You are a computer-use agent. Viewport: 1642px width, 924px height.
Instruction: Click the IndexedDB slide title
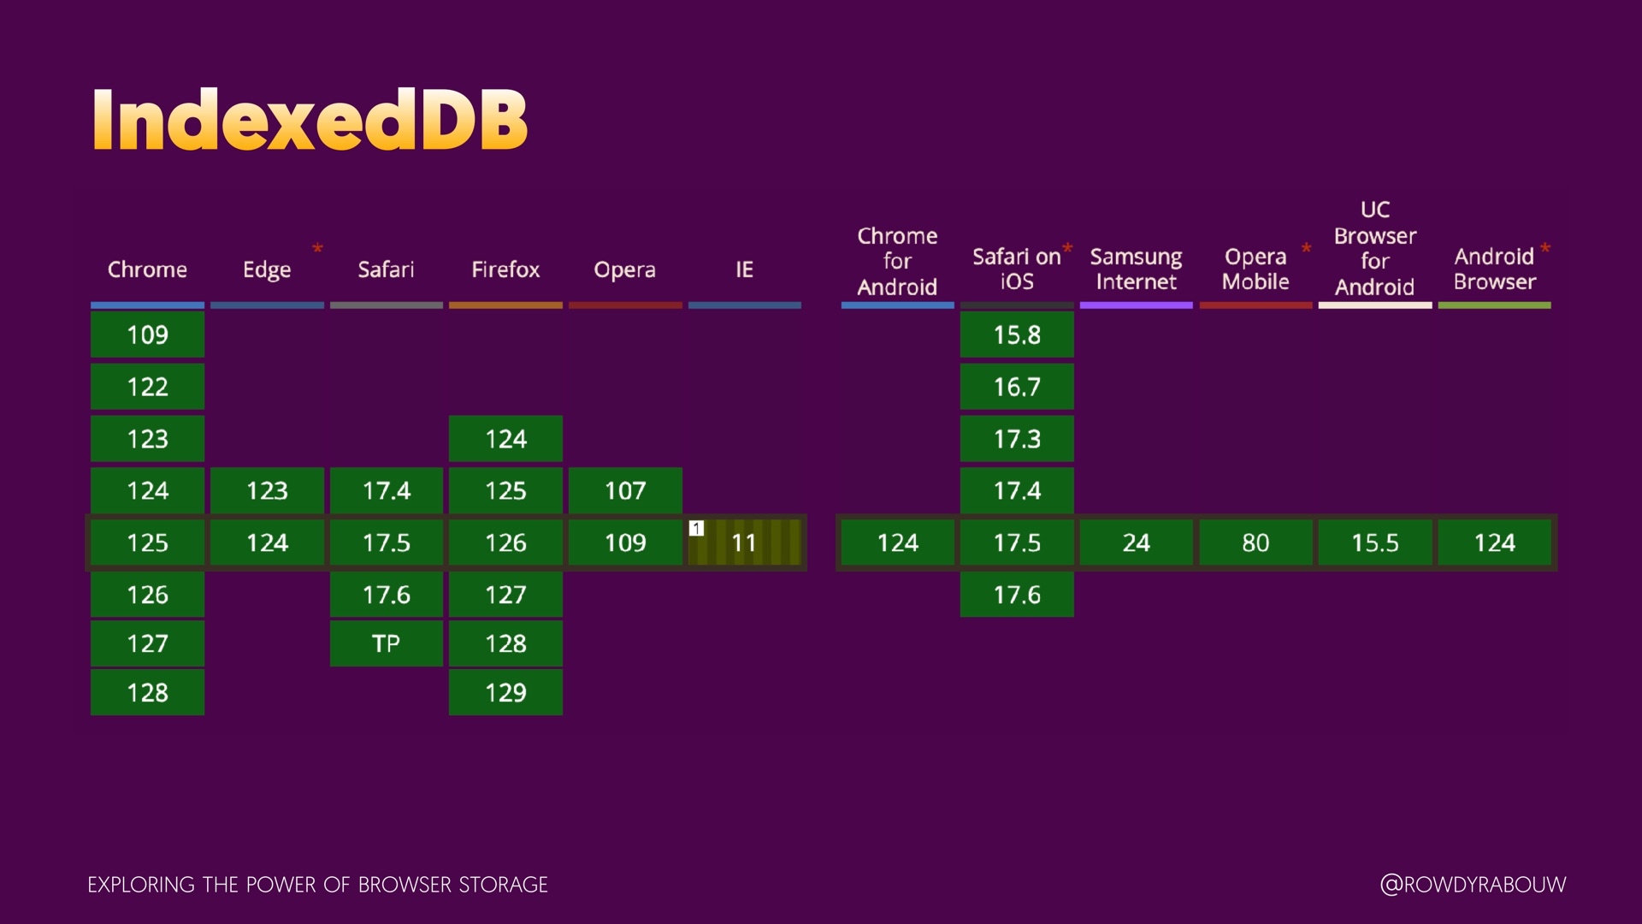(x=310, y=120)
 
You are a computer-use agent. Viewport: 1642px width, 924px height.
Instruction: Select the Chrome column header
(x=147, y=269)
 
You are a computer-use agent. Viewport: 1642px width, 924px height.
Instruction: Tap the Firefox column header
(x=505, y=269)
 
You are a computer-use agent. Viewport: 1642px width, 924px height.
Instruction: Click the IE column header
(x=744, y=269)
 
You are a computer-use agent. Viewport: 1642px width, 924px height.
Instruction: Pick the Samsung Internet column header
(x=1136, y=269)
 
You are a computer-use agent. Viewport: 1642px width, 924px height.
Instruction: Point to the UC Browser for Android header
(x=1374, y=248)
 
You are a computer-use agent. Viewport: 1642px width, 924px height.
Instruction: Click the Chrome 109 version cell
(x=147, y=335)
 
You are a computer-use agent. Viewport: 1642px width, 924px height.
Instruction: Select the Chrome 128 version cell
(x=147, y=692)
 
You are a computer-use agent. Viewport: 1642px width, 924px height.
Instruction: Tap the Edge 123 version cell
(x=267, y=490)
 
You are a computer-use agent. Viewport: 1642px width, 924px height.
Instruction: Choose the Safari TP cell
(x=386, y=643)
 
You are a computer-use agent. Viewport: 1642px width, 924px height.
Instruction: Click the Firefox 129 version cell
(x=505, y=692)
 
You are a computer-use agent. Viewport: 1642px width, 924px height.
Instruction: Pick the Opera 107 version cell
(x=625, y=490)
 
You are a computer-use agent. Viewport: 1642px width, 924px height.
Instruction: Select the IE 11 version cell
(x=745, y=542)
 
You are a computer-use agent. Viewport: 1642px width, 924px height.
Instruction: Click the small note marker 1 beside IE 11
(x=697, y=529)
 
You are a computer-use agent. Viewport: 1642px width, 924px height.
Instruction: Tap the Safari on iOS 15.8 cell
(x=1017, y=335)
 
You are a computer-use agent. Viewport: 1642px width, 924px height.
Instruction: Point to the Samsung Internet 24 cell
(x=1136, y=542)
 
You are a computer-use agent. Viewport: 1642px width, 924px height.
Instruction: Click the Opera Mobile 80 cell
(x=1255, y=542)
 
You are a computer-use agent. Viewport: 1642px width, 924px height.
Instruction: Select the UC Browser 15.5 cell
(x=1374, y=542)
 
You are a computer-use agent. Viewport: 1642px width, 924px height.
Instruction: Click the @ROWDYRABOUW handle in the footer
(x=1473, y=885)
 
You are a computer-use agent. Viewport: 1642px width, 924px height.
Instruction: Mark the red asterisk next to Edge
(x=317, y=249)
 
